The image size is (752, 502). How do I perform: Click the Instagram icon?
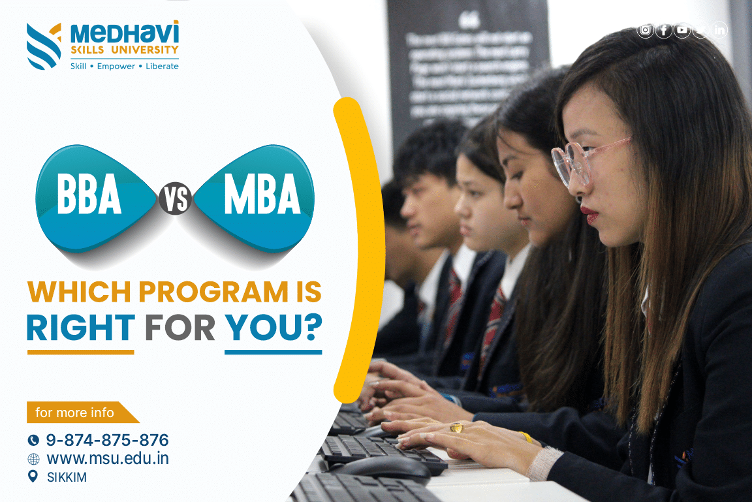[645, 30]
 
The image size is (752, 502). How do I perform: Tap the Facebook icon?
[663, 30]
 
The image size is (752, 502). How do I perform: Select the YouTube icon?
[682, 30]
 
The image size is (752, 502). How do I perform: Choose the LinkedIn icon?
[719, 30]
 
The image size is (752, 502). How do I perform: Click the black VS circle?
[174, 199]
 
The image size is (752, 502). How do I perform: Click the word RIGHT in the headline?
[81, 328]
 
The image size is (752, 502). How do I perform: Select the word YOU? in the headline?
[274, 328]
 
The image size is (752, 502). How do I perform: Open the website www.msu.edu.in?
[108, 459]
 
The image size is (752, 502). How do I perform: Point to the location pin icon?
[33, 477]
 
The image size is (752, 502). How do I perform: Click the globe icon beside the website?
[33, 459]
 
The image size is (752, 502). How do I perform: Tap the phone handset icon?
[33, 440]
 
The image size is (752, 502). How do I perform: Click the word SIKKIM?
[67, 477]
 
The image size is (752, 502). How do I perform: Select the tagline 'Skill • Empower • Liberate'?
[124, 66]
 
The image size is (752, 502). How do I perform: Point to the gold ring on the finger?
[456, 428]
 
